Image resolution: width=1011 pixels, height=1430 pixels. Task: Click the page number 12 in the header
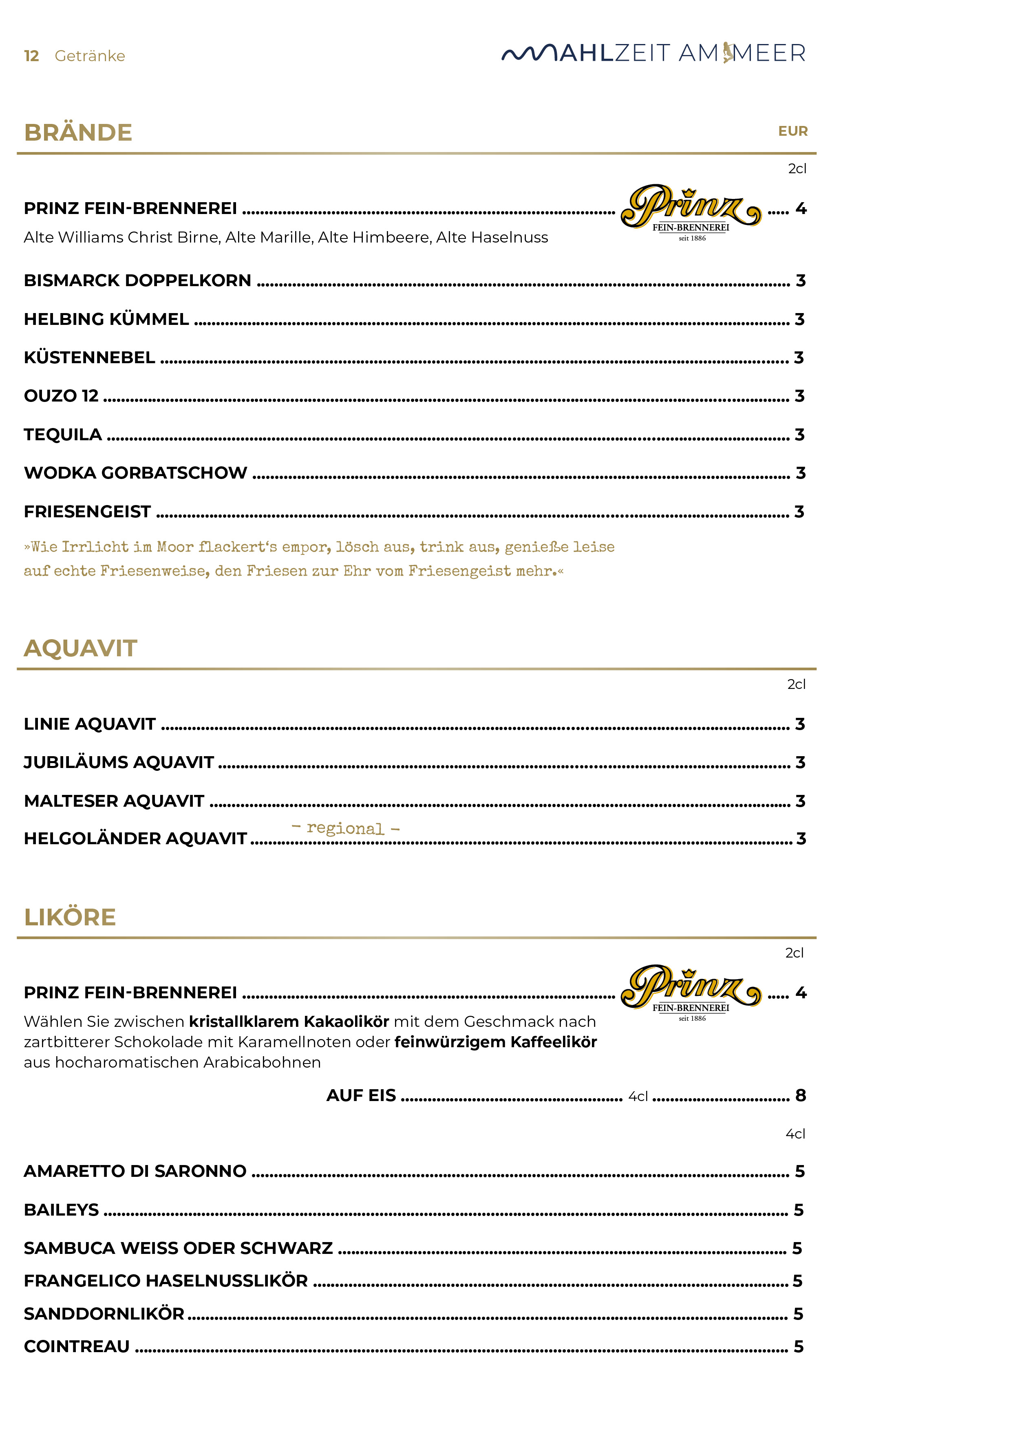point(31,56)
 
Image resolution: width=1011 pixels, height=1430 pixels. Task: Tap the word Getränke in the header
point(90,56)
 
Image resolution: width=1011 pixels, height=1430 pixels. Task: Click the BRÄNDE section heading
point(78,132)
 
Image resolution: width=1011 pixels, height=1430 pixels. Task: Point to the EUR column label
point(792,131)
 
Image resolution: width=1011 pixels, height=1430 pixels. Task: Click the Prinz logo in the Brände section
point(691,212)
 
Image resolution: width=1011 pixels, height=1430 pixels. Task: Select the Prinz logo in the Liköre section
point(691,991)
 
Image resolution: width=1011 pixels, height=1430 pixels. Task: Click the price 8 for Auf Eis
point(801,1096)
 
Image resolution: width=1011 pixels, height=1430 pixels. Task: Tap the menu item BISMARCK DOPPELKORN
point(137,281)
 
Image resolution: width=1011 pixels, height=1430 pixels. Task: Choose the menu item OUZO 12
point(61,396)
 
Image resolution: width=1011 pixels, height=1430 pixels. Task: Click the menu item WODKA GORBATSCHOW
point(135,473)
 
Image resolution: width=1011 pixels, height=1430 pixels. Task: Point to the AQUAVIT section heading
point(80,649)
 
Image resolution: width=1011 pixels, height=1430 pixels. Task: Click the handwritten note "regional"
point(345,828)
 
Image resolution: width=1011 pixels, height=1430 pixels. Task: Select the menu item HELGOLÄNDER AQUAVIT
point(135,839)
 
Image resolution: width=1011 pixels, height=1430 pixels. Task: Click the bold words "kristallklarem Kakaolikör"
point(289,1022)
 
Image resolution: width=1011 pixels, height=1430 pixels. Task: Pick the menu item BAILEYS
point(61,1210)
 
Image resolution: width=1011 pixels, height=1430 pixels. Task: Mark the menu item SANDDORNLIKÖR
point(104,1314)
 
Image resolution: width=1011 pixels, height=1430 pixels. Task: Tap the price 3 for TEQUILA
point(800,435)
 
